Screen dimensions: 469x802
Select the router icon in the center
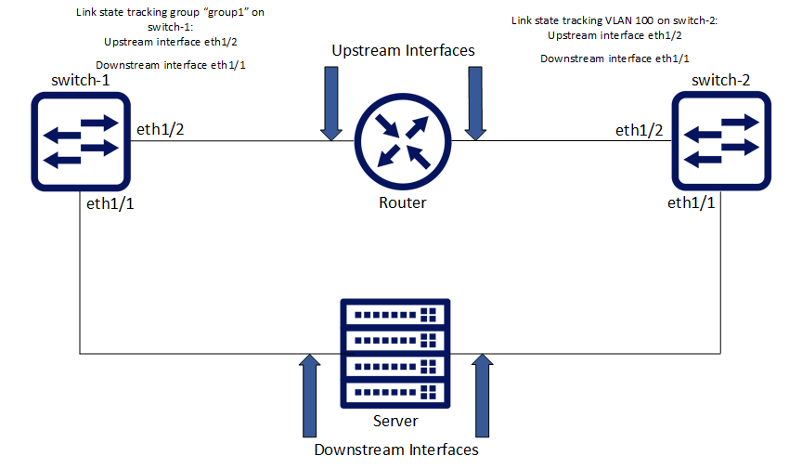[403, 141]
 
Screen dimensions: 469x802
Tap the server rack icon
[395, 353]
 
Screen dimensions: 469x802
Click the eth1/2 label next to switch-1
[161, 129]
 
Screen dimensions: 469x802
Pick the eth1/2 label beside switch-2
[640, 129]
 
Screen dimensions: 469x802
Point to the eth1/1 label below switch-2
[692, 202]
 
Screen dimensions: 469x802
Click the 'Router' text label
[403, 202]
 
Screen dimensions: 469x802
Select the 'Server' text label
[395, 421]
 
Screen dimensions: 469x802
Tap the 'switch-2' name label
[720, 81]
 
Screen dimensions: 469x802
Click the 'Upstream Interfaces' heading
[403, 50]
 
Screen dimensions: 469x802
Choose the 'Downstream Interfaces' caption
[396, 450]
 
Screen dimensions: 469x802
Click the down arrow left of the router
[331, 104]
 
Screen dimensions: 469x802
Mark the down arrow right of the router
[475, 104]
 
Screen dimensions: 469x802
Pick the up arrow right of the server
[481, 394]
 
